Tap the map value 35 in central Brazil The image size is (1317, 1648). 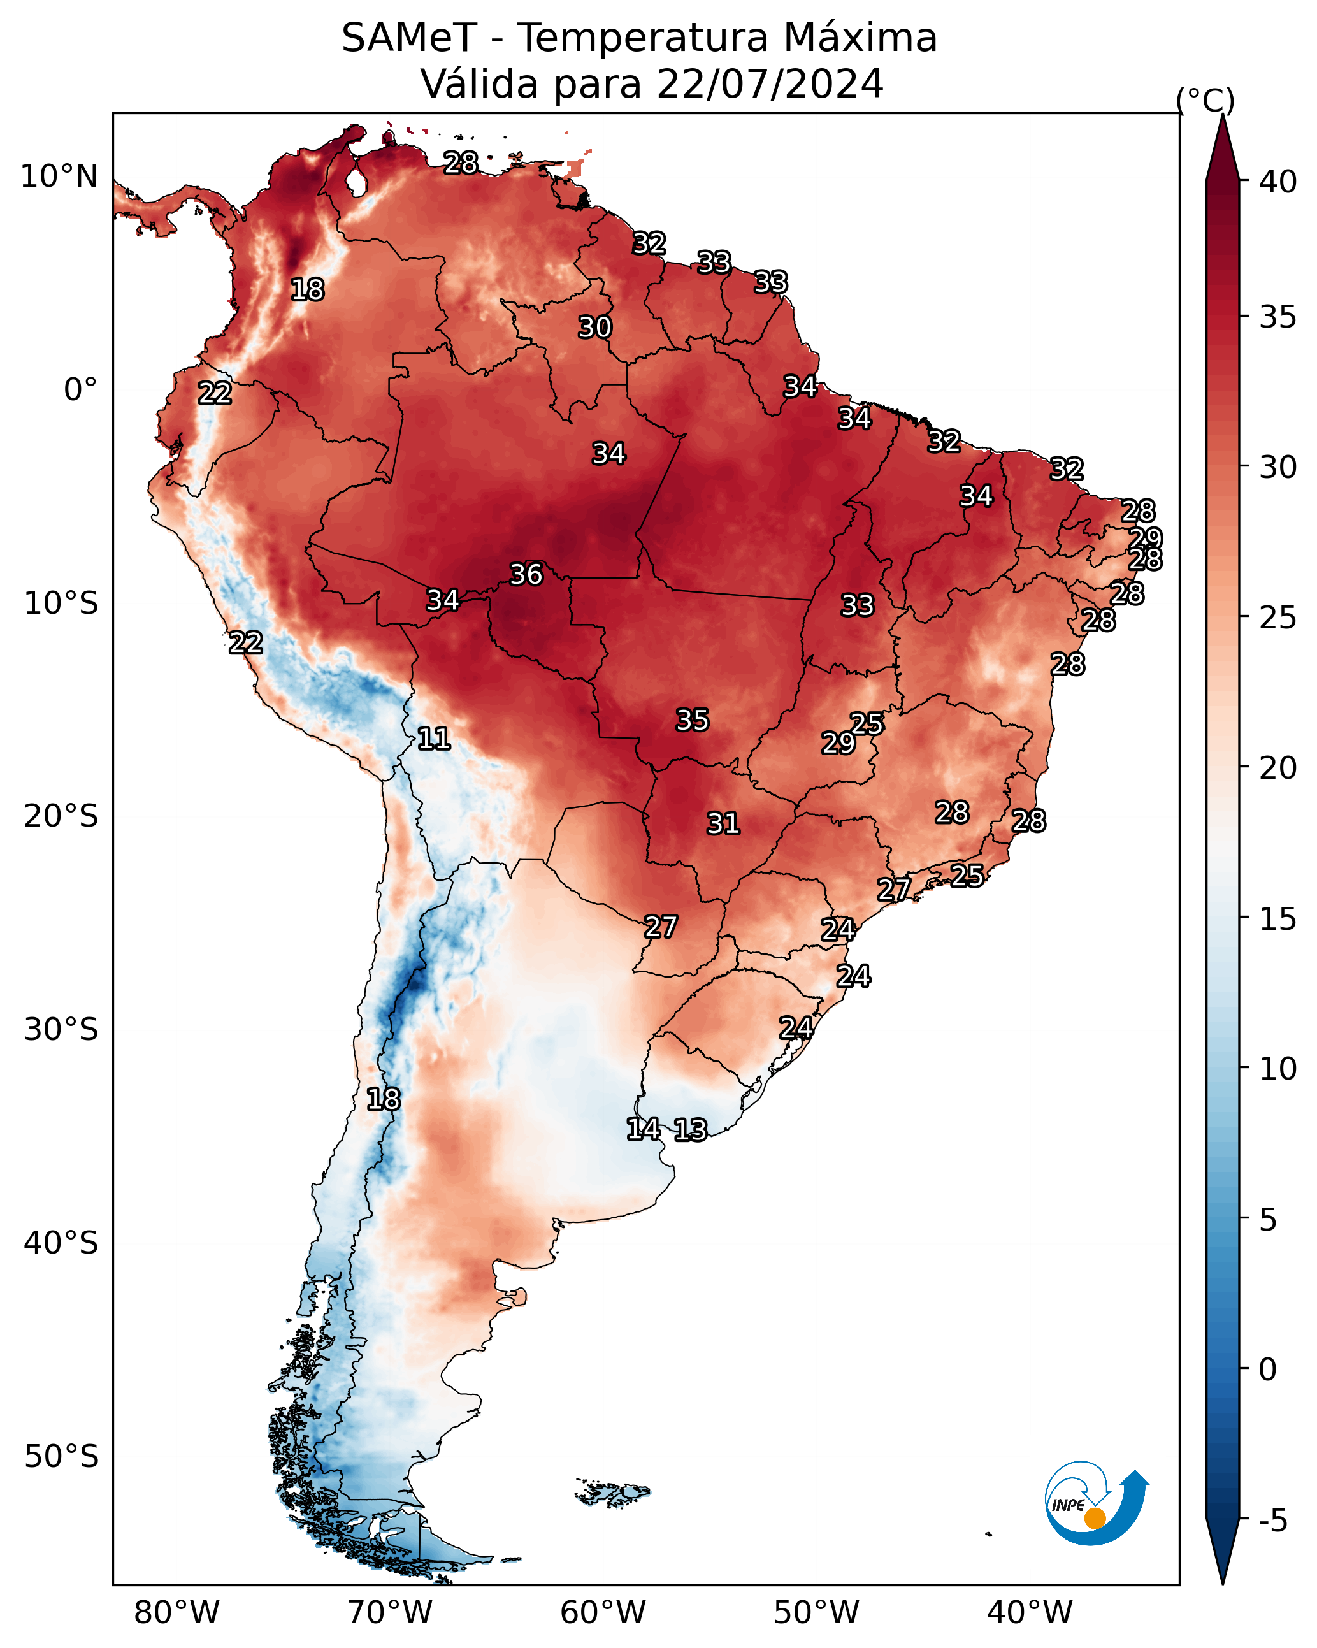coord(693,720)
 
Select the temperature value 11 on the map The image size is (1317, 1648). coord(433,739)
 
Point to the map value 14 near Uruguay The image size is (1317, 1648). coord(644,1129)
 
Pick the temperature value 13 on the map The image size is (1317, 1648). coord(690,1131)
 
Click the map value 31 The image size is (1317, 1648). coord(723,824)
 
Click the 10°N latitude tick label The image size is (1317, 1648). coord(59,177)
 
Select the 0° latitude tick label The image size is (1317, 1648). coord(81,390)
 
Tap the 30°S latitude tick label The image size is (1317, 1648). coord(61,1030)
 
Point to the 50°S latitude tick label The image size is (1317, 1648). coord(61,1457)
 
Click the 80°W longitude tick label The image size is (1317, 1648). coord(176,1613)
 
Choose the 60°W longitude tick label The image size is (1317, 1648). coord(603,1613)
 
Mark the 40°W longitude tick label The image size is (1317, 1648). coord(1030,1613)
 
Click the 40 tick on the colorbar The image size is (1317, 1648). coord(1279,182)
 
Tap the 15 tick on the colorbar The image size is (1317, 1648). coord(1279,919)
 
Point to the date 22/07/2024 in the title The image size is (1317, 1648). coord(770,84)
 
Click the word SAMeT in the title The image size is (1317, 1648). coord(409,38)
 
